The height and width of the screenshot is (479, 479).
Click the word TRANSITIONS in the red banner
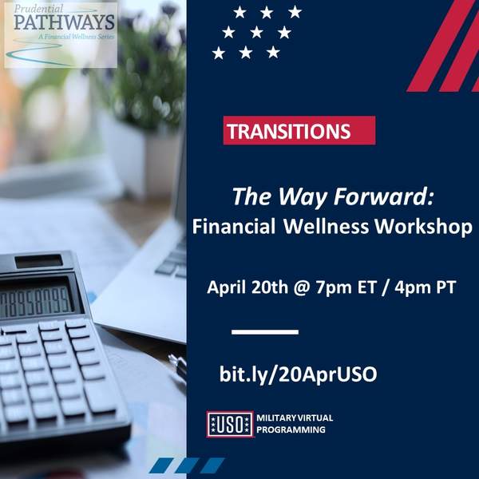pyautogui.click(x=289, y=131)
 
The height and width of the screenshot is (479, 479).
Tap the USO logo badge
pyautogui.click(x=231, y=425)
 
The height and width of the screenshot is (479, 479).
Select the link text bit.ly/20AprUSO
pyautogui.click(x=299, y=374)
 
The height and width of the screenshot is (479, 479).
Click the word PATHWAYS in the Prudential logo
pyautogui.click(x=64, y=22)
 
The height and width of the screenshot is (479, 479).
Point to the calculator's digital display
pyautogui.click(x=36, y=302)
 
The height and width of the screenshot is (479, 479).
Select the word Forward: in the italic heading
pyautogui.click(x=383, y=196)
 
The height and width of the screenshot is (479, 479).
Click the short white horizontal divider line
pyautogui.click(x=265, y=332)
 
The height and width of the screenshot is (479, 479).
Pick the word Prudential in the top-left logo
pyautogui.click(x=38, y=9)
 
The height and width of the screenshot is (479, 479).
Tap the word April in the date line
pyautogui.click(x=227, y=287)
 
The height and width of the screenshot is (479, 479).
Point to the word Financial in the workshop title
pyautogui.click(x=234, y=227)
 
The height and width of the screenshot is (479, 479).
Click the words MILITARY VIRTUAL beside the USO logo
pyautogui.click(x=295, y=418)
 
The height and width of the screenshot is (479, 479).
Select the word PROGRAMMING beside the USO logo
pyautogui.click(x=291, y=430)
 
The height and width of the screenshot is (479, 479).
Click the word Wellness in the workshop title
pyautogui.click(x=326, y=227)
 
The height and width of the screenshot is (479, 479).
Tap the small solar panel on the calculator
pyautogui.click(x=39, y=261)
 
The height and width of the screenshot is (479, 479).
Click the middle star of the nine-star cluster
pyautogui.click(x=256, y=33)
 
